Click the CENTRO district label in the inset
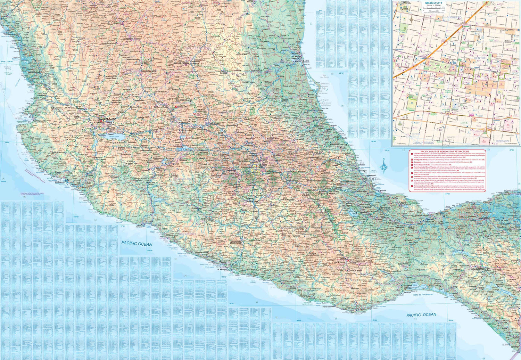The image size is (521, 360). (480, 58)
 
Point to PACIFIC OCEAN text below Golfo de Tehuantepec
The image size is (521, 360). (421, 315)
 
